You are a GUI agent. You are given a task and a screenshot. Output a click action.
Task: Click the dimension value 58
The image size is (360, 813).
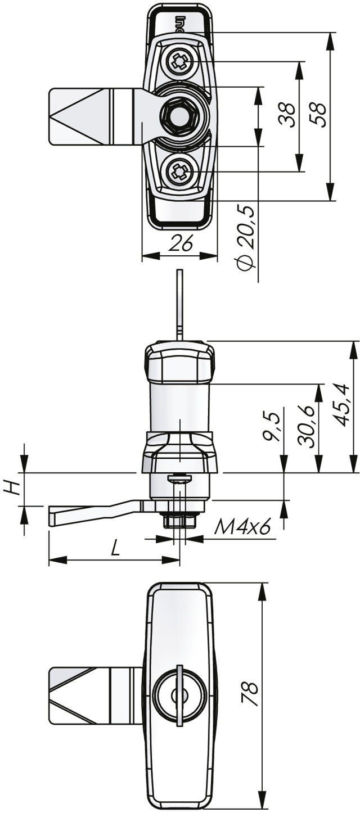[318, 114]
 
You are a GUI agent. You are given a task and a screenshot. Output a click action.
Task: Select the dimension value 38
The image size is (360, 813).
[287, 115]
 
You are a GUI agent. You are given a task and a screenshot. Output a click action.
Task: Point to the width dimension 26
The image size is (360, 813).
[180, 243]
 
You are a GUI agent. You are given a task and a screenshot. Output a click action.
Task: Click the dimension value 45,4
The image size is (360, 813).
[342, 405]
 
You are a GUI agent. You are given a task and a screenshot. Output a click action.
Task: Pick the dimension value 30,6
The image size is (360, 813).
[305, 425]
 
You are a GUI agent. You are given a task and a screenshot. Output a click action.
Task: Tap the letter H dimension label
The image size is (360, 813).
[12, 489]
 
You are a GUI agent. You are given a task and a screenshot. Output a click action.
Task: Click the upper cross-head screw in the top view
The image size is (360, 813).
[180, 62]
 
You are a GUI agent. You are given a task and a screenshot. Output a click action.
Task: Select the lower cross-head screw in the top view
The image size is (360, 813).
[180, 171]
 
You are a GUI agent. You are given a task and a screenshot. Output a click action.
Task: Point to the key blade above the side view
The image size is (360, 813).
[180, 305]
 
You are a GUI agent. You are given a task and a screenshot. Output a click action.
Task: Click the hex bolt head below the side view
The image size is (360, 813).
[180, 521]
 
